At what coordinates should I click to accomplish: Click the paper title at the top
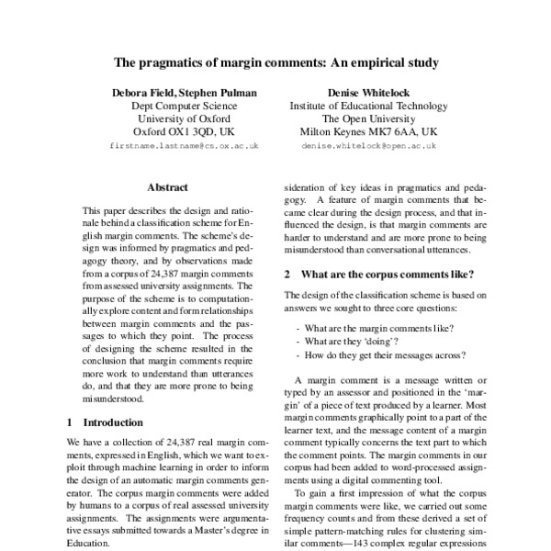pyautogui.click(x=275, y=63)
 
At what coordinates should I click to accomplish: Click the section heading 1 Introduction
pyautogui.click(x=107, y=422)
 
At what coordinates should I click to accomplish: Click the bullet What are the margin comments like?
pyautogui.click(x=370, y=328)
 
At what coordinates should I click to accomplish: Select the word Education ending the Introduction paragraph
pyautogui.click(x=89, y=542)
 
